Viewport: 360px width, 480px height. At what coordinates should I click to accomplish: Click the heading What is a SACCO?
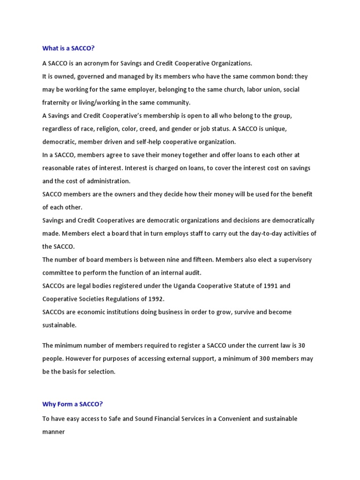pyautogui.click(x=72, y=48)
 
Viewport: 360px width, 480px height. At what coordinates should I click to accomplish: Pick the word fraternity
pyautogui.click(x=58, y=103)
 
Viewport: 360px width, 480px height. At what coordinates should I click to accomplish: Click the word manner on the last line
pyautogui.click(x=53, y=432)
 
